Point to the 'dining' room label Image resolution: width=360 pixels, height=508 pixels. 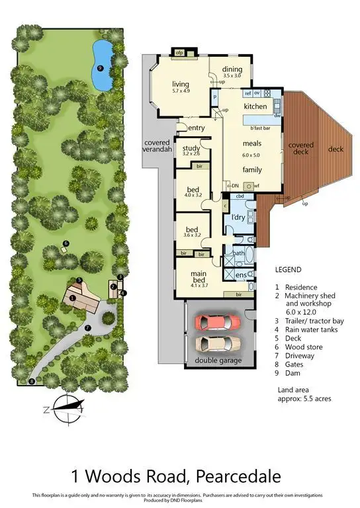(x=232, y=69)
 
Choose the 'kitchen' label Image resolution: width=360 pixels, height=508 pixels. (x=255, y=106)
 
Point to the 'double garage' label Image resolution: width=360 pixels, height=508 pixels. (x=218, y=360)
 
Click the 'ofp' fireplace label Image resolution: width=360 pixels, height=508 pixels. (x=179, y=52)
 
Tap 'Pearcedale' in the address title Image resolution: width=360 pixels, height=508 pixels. (x=240, y=476)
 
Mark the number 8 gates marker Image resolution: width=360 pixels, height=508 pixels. (x=31, y=382)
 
